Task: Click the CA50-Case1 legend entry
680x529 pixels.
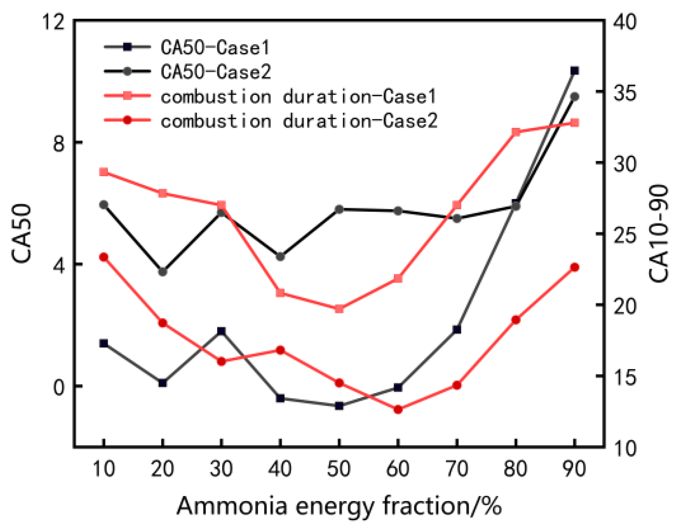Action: (x=215, y=47)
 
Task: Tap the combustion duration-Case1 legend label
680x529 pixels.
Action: (x=299, y=96)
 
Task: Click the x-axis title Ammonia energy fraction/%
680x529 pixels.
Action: (x=339, y=506)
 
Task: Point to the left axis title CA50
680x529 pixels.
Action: (x=22, y=234)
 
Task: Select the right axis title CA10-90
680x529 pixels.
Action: (x=659, y=234)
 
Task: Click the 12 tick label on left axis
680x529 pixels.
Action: (x=52, y=21)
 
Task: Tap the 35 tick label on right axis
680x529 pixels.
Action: (x=625, y=93)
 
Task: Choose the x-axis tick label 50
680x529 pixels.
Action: (x=339, y=469)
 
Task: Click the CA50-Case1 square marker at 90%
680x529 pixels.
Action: (x=575, y=71)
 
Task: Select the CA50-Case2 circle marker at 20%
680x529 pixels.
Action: (x=163, y=272)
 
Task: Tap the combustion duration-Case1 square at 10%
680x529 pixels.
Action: (x=104, y=172)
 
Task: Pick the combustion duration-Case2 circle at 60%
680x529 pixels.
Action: (x=398, y=409)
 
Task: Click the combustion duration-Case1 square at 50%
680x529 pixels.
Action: (x=339, y=309)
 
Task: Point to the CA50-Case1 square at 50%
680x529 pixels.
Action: (x=339, y=406)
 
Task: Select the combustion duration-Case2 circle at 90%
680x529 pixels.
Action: (x=575, y=268)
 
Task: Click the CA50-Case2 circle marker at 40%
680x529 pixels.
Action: (x=280, y=256)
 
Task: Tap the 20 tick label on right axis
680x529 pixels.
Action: (x=625, y=306)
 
